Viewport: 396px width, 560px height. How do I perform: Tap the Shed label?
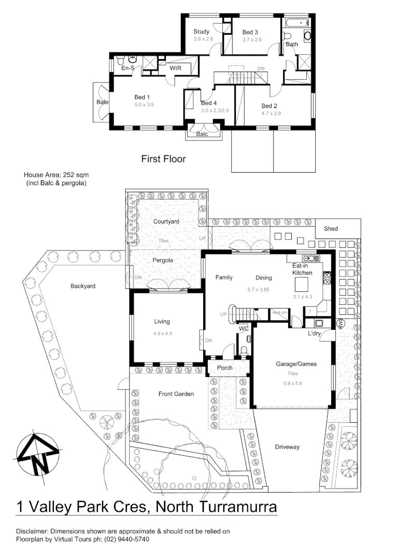coord(331,229)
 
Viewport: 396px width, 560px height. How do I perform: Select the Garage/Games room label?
coord(296,364)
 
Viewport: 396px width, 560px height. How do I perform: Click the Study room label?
coord(202,32)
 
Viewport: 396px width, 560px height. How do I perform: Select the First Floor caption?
coord(163,159)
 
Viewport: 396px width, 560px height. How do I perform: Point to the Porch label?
coord(225,368)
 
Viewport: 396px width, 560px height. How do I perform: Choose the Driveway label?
coord(287,447)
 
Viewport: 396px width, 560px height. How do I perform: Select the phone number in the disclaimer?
coord(127,539)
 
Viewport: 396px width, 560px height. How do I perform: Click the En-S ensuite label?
coord(128,68)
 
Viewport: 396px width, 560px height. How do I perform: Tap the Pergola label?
coord(163,260)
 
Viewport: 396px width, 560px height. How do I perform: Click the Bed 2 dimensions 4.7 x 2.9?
coord(271,113)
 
